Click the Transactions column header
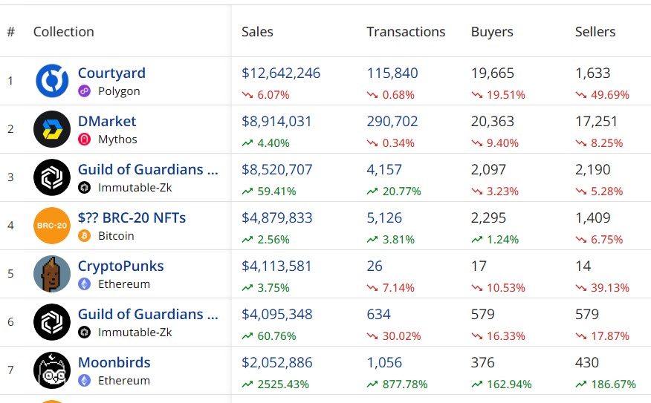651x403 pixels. point(406,32)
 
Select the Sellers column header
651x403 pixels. point(595,32)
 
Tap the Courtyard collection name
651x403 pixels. point(111,73)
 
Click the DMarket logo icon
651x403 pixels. point(52,129)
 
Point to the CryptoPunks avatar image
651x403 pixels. point(52,274)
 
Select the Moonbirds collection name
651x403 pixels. point(114,363)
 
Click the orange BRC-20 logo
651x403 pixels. point(52,226)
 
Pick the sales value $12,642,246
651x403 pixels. point(281,73)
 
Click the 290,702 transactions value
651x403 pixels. point(392,122)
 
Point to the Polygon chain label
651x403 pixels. point(119,91)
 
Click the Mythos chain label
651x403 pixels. point(117,140)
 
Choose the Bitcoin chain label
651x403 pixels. point(116,236)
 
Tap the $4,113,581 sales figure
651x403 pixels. point(276,266)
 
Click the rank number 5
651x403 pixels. point(10,274)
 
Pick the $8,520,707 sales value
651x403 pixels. point(276,170)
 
